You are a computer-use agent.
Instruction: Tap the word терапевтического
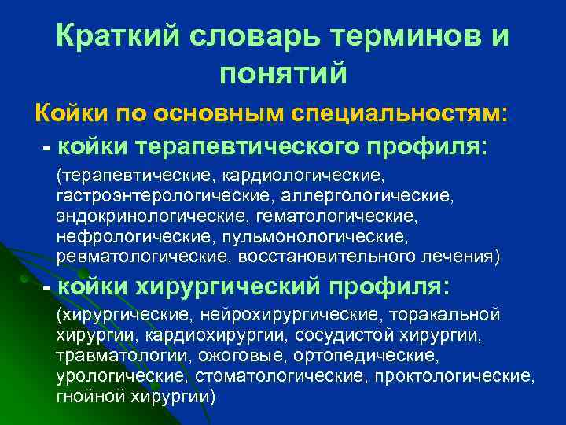click(268, 146)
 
